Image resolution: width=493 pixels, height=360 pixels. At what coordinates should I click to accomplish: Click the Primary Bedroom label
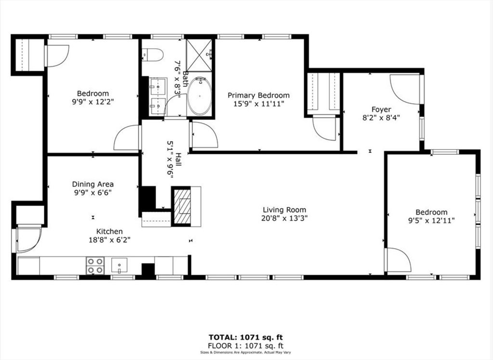[x=259, y=95]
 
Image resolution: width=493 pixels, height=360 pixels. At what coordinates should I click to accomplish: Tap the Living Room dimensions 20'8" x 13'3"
[x=284, y=218]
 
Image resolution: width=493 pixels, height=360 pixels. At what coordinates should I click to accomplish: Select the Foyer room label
[x=381, y=109]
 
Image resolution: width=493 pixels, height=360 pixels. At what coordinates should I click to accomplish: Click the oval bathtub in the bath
[x=199, y=96]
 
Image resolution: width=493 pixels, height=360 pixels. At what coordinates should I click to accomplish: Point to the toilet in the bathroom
[x=152, y=55]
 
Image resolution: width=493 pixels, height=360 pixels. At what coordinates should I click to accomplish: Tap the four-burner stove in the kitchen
[x=95, y=265]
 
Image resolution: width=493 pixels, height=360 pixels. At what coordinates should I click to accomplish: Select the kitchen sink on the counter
[x=119, y=265]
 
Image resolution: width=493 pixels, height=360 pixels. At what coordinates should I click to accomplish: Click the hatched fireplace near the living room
[x=182, y=206]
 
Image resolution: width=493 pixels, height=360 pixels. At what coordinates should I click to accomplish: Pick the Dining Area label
[x=93, y=184]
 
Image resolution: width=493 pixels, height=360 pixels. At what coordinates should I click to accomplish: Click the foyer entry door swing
[x=405, y=88]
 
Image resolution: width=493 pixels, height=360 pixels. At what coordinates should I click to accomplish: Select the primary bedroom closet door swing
[x=324, y=128]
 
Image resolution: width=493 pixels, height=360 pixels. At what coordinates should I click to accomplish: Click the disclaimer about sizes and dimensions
[x=246, y=352]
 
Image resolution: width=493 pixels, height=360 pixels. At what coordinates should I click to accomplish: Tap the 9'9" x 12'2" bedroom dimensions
[x=93, y=102]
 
